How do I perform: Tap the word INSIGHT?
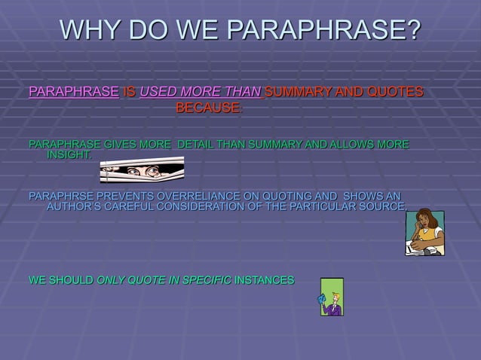(x=70, y=155)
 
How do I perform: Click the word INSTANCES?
(x=265, y=280)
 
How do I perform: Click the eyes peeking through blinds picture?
(x=142, y=170)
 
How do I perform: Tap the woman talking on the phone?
(x=424, y=232)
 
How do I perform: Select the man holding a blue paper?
(x=332, y=297)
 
